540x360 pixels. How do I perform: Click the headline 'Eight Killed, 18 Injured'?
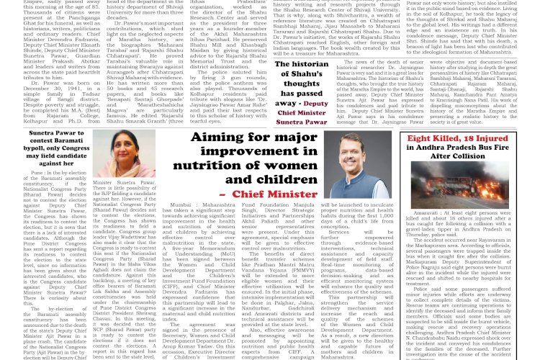tap(467, 138)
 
